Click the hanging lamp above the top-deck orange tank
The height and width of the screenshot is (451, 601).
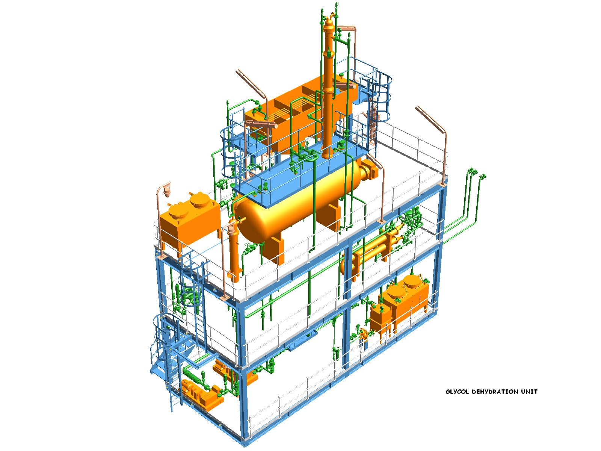click(167, 191)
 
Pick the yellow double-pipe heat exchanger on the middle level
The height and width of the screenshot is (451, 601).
click(372, 250)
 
